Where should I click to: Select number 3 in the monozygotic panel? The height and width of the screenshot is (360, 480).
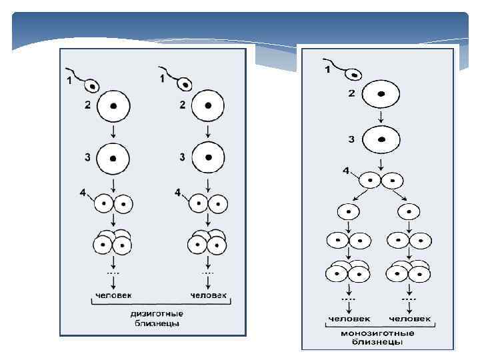click(351, 139)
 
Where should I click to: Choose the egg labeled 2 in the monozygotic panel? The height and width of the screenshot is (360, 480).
click(381, 94)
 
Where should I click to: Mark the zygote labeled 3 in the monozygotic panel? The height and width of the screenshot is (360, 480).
click(381, 140)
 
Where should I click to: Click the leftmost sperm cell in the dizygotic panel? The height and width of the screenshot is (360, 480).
click(91, 85)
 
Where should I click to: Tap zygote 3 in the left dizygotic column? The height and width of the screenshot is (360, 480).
click(113, 159)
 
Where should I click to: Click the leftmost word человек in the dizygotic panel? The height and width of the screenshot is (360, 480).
click(113, 295)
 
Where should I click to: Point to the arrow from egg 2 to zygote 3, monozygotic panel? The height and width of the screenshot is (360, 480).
click(381, 117)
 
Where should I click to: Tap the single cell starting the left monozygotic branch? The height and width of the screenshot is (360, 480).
click(349, 212)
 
